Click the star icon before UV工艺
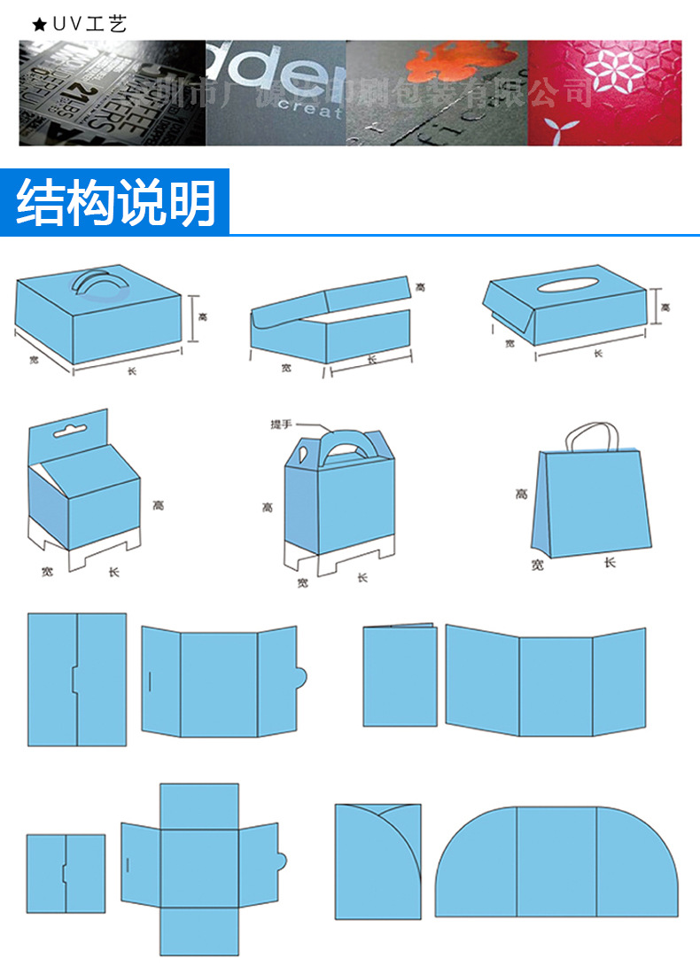click(38, 24)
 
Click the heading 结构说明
click(115, 203)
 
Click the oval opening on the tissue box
click(567, 284)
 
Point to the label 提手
click(281, 425)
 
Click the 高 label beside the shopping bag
click(521, 494)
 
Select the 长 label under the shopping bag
click(610, 562)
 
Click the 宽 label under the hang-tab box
click(47, 572)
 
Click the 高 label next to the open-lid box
click(420, 285)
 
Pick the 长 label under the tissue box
click(597, 353)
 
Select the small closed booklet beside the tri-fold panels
click(401, 677)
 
